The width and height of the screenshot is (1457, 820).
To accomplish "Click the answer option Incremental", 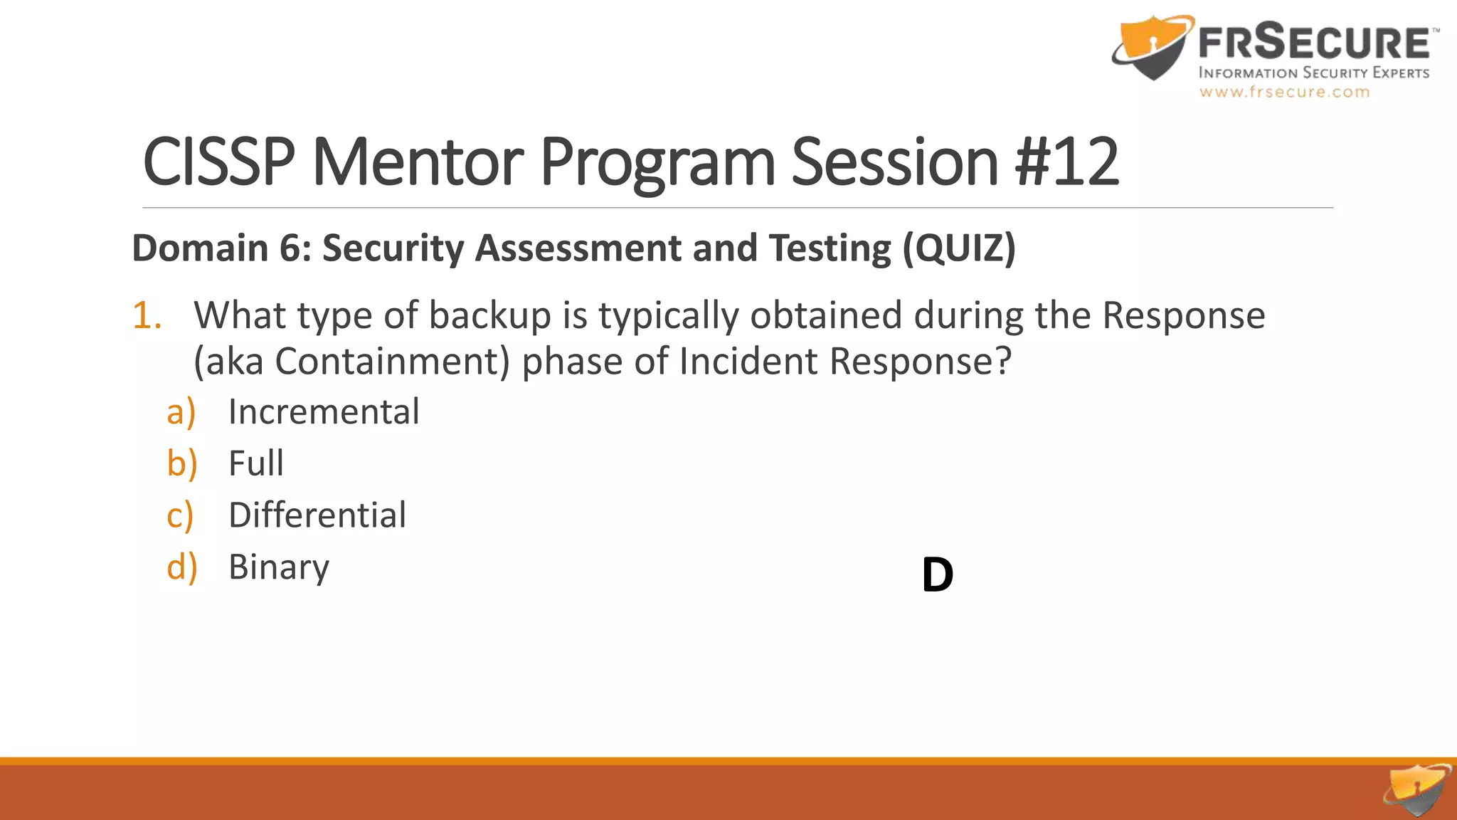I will click(324, 412).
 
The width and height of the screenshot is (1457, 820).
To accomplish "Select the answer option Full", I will click(256, 463).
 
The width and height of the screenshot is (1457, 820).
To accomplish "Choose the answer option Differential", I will click(317, 515).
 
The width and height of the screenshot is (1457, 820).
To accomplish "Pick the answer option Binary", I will click(279, 567).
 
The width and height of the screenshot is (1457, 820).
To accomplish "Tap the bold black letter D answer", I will click(937, 575).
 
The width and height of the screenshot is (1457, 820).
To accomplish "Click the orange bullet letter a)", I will click(181, 412).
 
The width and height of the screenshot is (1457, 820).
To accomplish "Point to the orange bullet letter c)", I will click(180, 515).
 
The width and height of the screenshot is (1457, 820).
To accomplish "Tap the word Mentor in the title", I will click(418, 162).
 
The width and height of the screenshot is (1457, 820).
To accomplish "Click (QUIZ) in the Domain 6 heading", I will click(959, 248).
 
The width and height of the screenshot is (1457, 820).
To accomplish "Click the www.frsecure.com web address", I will click(1284, 92).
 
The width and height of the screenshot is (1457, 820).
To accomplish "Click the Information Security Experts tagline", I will click(1313, 73).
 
